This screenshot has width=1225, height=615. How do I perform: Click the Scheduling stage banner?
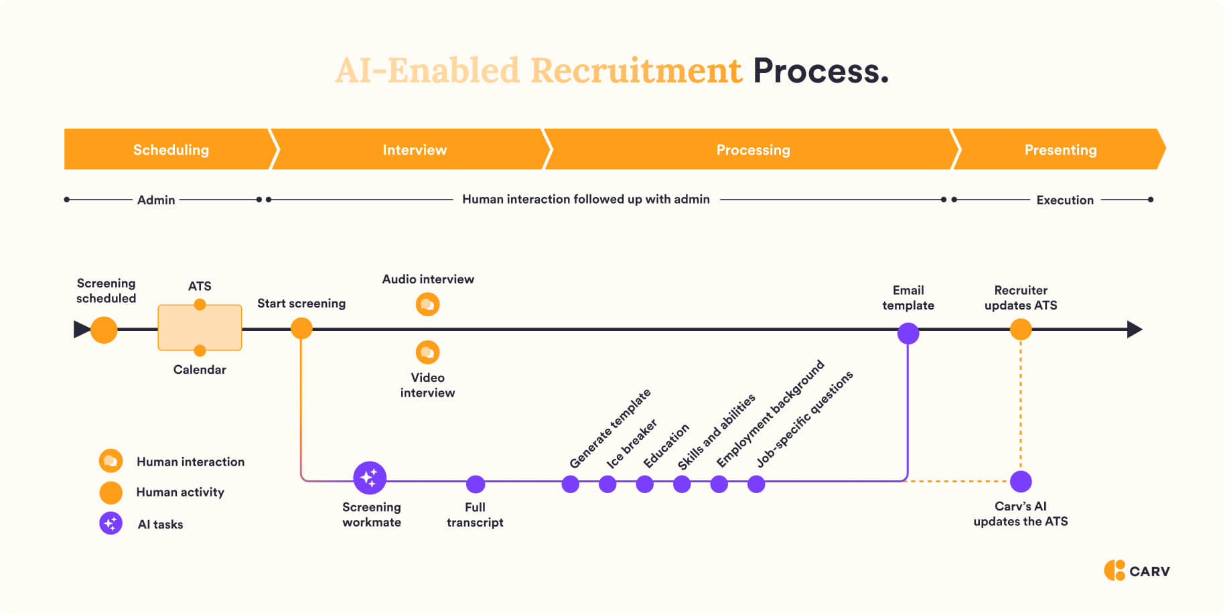click(170, 149)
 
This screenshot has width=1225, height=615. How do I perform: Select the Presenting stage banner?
click(1060, 149)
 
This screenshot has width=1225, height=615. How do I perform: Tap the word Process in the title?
click(820, 71)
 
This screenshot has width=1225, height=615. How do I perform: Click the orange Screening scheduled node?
click(104, 330)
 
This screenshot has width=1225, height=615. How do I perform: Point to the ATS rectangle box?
click(200, 328)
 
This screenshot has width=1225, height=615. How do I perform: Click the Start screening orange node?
click(301, 328)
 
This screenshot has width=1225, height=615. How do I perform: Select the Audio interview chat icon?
click(427, 305)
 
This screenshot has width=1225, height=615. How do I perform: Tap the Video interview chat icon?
click(427, 352)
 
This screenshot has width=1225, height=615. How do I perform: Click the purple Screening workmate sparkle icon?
click(370, 478)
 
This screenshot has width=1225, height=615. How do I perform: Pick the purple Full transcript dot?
click(476, 484)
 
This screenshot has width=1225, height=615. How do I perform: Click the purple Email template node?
click(908, 333)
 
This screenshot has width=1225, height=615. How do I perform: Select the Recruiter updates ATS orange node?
click(1020, 329)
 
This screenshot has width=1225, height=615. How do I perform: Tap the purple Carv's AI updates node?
click(1021, 481)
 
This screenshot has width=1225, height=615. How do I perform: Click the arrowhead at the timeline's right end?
click(1135, 329)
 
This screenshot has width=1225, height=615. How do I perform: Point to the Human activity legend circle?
click(111, 492)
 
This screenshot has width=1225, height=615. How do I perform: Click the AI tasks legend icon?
click(111, 523)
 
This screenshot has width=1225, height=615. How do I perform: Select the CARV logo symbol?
click(1114, 570)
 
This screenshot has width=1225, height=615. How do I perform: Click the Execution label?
click(1064, 200)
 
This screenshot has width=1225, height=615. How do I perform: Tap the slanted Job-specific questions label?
click(804, 419)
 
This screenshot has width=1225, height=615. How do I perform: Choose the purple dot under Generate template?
click(571, 484)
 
